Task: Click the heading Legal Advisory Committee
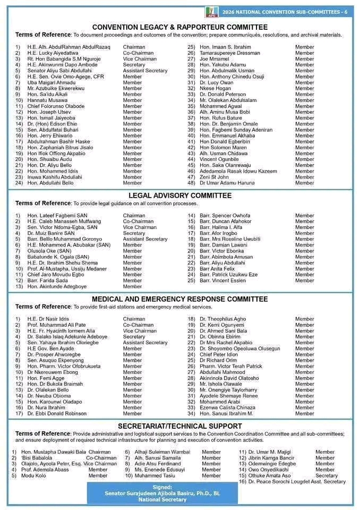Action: [x=179, y=195]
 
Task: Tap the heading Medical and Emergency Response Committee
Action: [x=179, y=299]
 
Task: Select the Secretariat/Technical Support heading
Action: [x=179, y=426]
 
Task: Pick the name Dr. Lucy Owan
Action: [x=216, y=83]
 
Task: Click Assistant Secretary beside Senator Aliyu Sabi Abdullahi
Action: [x=145, y=71]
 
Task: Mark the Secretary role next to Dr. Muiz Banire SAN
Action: [x=134, y=233]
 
